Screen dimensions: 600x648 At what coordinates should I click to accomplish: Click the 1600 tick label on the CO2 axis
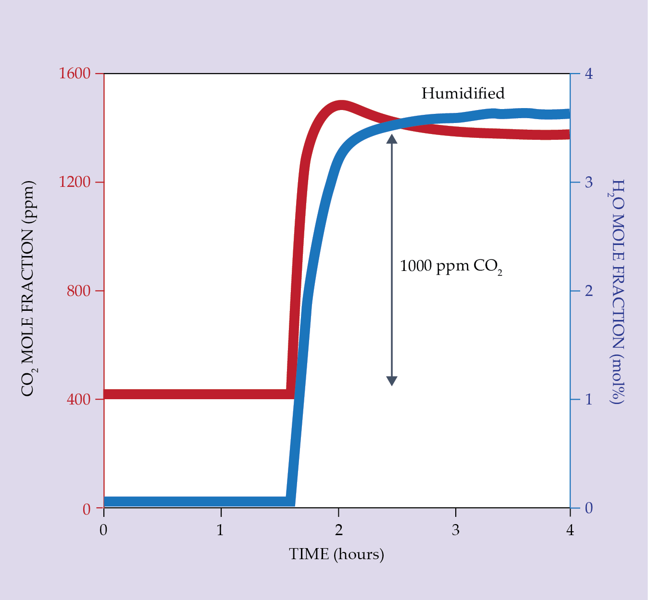tap(75, 74)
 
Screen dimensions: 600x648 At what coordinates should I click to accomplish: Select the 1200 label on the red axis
tap(75, 183)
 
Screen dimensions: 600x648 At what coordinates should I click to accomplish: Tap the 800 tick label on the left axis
tap(78, 291)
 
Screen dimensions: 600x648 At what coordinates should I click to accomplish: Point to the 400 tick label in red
tap(78, 400)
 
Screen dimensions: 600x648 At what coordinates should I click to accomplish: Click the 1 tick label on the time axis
tap(221, 530)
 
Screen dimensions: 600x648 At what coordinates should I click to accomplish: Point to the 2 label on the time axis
tap(338, 530)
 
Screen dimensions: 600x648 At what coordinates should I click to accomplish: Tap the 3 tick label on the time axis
tap(455, 530)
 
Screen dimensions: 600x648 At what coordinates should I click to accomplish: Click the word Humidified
tap(463, 93)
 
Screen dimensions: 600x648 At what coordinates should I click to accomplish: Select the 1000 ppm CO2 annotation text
tap(451, 266)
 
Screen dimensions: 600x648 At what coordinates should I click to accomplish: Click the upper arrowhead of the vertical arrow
tap(392, 139)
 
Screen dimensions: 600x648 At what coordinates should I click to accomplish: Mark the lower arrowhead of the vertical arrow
tap(392, 381)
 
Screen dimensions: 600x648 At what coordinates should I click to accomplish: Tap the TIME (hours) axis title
tap(336, 554)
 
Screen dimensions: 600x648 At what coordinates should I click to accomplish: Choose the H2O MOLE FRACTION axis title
tap(617, 292)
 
